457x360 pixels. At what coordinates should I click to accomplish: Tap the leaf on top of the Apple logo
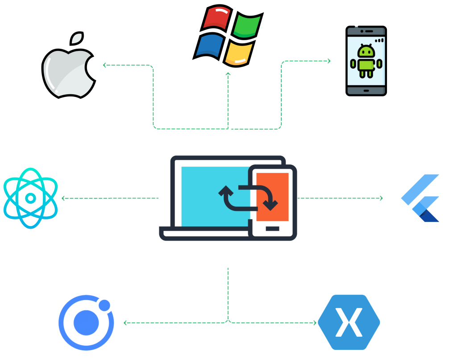(x=77, y=38)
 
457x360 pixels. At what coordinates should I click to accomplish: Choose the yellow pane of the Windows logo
(x=239, y=54)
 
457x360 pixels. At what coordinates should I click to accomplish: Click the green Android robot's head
(x=366, y=51)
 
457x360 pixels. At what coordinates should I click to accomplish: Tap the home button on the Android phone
(x=366, y=91)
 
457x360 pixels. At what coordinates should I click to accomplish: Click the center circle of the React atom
(x=30, y=198)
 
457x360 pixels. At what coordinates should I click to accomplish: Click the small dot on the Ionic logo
(x=104, y=306)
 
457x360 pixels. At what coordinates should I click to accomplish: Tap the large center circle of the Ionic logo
(x=86, y=322)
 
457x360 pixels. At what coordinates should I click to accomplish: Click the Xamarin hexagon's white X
(x=349, y=322)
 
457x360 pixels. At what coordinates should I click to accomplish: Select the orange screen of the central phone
(x=272, y=197)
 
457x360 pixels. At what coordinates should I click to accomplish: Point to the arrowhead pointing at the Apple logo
(x=104, y=65)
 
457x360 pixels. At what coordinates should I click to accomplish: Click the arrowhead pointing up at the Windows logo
(x=228, y=74)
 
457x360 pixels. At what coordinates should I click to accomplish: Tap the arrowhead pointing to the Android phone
(x=329, y=61)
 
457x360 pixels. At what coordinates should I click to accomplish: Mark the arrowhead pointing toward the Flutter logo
(x=381, y=198)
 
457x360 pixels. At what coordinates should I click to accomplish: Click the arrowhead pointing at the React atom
(x=63, y=198)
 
